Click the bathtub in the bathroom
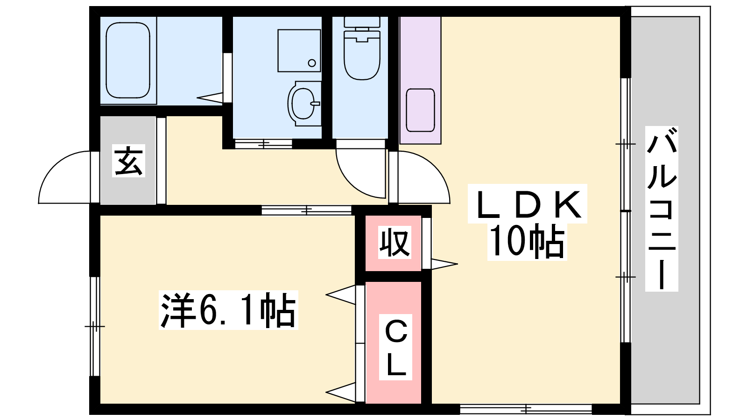(x=128, y=60)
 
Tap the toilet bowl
(x=362, y=55)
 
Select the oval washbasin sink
(x=304, y=103)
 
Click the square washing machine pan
(x=299, y=51)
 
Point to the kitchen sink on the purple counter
(x=420, y=110)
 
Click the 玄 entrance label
(x=128, y=161)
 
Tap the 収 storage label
(x=394, y=242)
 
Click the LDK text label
(x=527, y=203)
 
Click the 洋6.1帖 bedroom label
(x=228, y=310)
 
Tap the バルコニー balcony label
(x=662, y=209)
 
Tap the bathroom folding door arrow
(x=210, y=98)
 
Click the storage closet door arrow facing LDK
(x=444, y=264)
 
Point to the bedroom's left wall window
(x=95, y=326)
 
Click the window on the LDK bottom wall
(x=526, y=409)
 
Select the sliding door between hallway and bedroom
(x=306, y=210)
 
